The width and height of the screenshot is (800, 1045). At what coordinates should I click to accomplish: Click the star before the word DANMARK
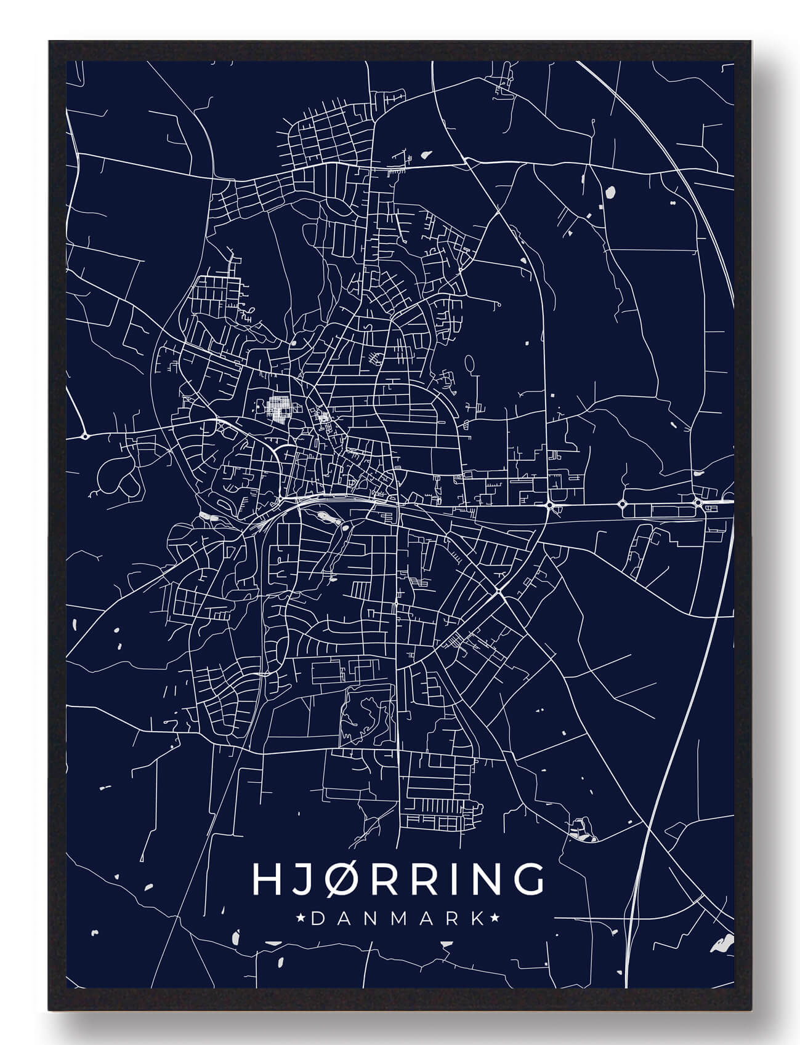[x=301, y=919]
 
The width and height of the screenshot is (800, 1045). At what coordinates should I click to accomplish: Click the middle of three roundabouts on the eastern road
[x=622, y=504]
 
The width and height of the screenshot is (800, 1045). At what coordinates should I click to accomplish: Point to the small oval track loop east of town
[x=470, y=364]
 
